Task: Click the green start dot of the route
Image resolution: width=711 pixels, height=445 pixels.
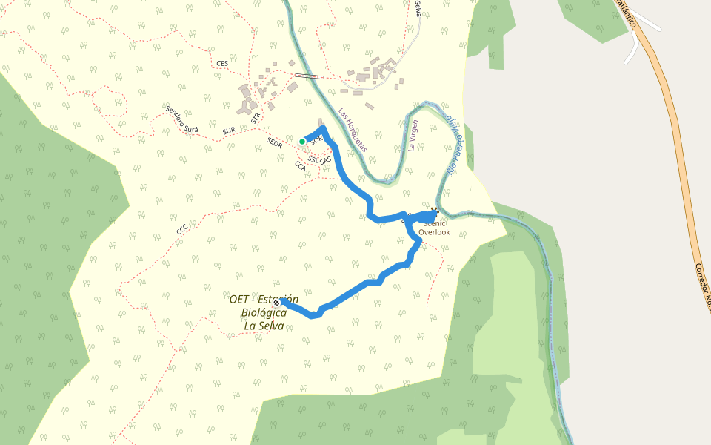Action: [x=302, y=141]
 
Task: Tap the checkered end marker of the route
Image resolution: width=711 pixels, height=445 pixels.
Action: [x=276, y=303]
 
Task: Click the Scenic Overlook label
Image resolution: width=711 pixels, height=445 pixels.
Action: [x=434, y=228]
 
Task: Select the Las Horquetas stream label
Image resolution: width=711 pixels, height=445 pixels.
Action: [x=353, y=131]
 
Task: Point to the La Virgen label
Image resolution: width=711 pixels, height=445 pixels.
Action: [x=413, y=136]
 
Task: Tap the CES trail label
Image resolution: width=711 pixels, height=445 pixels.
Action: [x=222, y=64]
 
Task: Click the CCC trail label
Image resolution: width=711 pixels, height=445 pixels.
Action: [x=182, y=229]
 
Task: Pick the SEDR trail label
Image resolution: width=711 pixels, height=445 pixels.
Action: [x=275, y=141]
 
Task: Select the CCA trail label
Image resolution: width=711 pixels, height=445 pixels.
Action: [x=301, y=166]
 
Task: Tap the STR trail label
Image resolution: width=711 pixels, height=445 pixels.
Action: [x=256, y=117]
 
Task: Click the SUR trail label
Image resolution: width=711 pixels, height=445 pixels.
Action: [x=229, y=131]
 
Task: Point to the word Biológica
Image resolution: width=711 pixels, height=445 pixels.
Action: [x=264, y=313]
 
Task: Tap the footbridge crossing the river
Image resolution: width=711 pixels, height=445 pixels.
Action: [x=309, y=76]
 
